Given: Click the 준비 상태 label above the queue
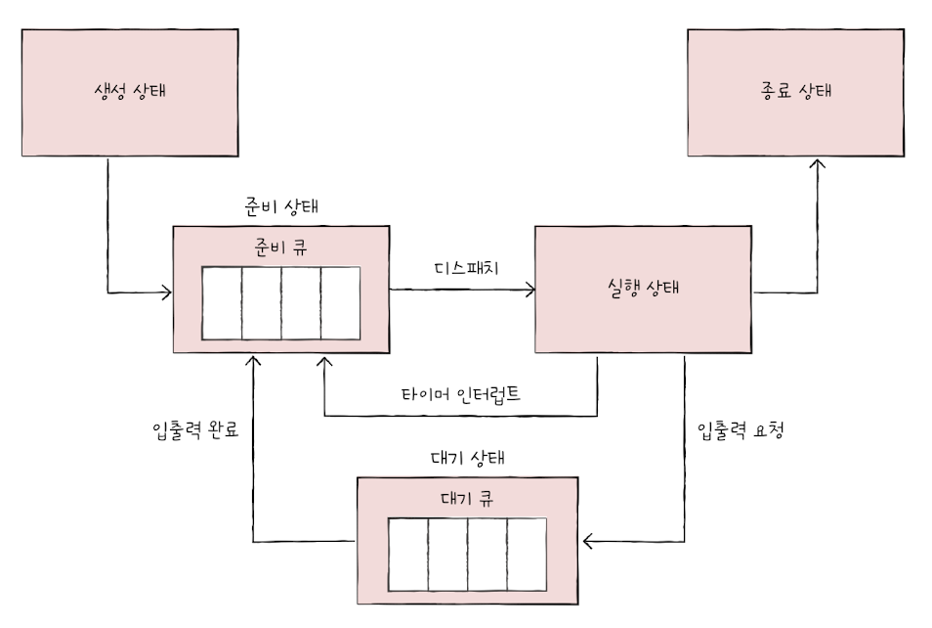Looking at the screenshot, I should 280,207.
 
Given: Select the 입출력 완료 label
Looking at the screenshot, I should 196,429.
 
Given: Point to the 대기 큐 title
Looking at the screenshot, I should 466,496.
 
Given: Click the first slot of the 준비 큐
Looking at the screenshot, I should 222,302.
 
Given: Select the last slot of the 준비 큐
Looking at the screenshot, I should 341,302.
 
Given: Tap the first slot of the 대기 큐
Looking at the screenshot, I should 408,554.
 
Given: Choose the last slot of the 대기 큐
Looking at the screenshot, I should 527,554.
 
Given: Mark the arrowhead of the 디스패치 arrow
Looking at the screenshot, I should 530,290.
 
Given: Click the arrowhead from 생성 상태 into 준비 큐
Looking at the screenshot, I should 167,291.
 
